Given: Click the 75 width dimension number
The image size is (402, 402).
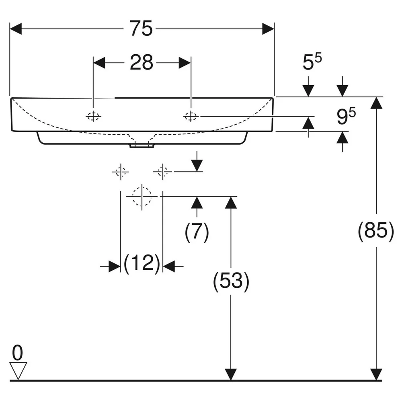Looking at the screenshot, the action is pos(141,29).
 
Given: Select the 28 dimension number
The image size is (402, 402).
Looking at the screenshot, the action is pos(142,62).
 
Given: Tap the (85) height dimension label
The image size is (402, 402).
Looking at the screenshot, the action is pos(376,230).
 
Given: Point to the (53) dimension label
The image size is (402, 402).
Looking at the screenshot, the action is pos(231,281).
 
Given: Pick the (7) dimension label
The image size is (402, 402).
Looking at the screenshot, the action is pos(197,232).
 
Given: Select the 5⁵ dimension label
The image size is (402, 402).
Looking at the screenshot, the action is pos(312,62).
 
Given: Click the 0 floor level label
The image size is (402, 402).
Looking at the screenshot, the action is pos(17,353).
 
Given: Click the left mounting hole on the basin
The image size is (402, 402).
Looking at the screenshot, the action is pos(93,117).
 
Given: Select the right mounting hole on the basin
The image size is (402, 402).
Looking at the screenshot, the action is pos(191,117).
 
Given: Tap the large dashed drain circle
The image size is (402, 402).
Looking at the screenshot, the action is pos(142,197).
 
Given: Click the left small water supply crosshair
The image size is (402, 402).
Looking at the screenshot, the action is pos(121,172).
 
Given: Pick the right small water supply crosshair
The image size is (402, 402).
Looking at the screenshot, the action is pos(162,172).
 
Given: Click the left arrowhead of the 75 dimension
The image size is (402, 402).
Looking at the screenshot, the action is pos(16,29).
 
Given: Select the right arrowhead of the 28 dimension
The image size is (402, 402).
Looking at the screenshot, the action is pos(185,63).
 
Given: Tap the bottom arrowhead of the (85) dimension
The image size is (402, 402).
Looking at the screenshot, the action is pos(376,374).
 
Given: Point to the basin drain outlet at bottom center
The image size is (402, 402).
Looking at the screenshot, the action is pos(142,146).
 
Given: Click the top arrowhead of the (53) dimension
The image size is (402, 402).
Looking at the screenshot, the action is pos(231,203).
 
